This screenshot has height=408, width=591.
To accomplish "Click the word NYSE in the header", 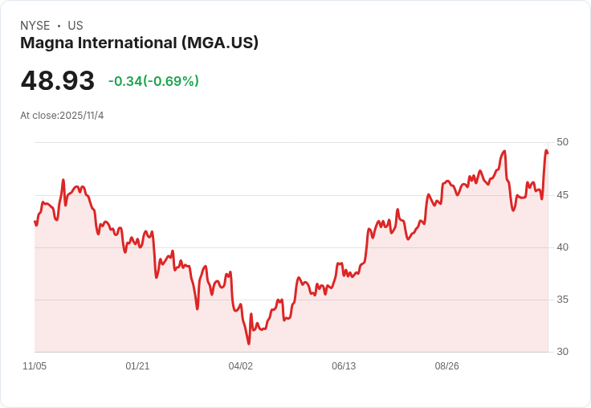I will (x=35, y=26).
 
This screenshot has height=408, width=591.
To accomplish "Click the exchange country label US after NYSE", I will (x=75, y=26).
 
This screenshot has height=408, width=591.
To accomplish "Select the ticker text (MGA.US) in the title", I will (x=220, y=43).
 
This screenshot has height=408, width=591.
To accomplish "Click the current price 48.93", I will (x=58, y=80).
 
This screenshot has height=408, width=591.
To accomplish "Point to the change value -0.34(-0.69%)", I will (x=153, y=81).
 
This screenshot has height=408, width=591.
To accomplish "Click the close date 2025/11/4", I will (x=81, y=116).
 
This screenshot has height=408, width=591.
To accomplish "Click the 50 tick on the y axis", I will (x=562, y=142).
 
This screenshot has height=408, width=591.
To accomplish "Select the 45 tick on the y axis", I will (x=562, y=195).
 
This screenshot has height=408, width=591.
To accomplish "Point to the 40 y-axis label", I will (x=562, y=247).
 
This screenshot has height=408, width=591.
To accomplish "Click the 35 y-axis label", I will (x=562, y=300).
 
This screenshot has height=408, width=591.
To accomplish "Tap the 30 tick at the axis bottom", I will (x=562, y=352).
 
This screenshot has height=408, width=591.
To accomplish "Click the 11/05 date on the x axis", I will (x=35, y=366).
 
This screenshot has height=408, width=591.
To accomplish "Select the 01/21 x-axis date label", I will (x=137, y=366).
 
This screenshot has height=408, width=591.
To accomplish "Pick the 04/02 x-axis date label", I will (x=241, y=366).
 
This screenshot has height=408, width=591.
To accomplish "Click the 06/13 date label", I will (x=344, y=366).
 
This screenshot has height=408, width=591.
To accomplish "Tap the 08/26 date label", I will (x=447, y=366).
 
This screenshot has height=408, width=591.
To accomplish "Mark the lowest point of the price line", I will (x=249, y=344).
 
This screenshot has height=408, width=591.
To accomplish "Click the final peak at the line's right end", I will (x=546, y=150).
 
